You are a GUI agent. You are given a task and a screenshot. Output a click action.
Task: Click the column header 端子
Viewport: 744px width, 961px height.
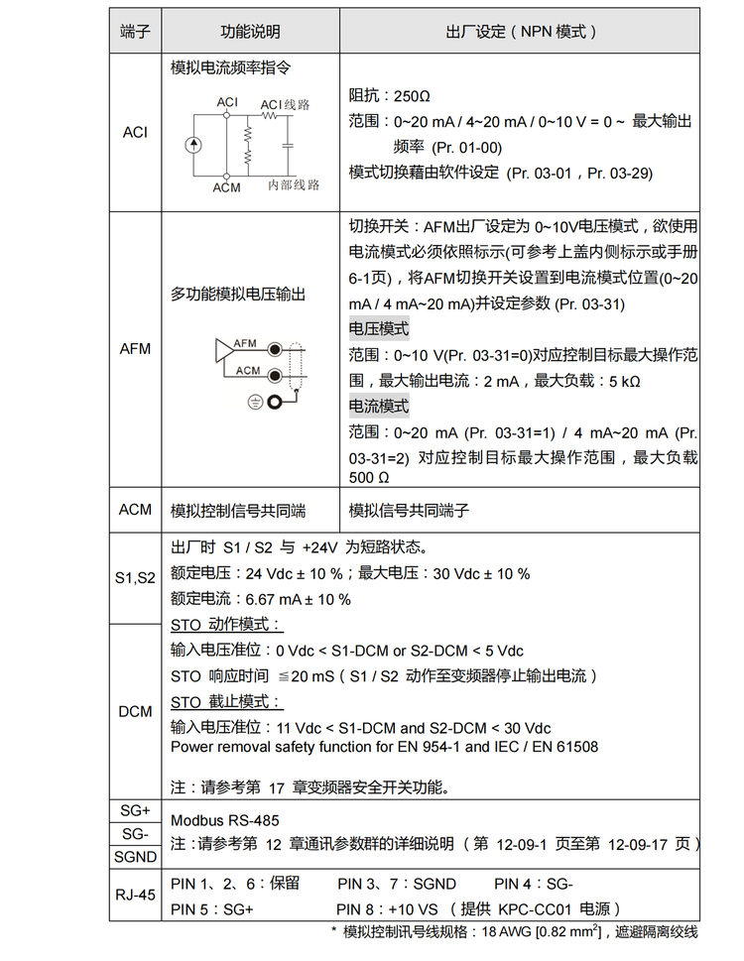coord(135,32)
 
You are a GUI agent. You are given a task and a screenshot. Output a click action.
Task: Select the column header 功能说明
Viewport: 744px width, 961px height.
coord(250,32)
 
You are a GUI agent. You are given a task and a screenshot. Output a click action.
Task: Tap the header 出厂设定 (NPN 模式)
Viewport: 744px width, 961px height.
coord(521,32)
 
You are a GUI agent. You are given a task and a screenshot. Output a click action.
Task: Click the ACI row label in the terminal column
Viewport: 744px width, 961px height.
coord(135,132)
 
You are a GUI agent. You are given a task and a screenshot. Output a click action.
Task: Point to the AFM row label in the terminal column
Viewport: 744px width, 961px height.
coord(135,349)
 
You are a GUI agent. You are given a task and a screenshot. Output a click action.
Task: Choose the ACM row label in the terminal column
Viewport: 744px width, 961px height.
coord(135,510)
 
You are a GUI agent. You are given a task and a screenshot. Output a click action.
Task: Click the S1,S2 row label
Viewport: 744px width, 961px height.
coord(135,577)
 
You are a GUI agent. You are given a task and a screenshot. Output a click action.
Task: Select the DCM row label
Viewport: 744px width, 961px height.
coord(135,711)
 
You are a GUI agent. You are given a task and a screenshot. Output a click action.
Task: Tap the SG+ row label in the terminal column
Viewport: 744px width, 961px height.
coord(135,810)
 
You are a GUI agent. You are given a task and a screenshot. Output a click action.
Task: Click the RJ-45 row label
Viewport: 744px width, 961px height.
coord(135,895)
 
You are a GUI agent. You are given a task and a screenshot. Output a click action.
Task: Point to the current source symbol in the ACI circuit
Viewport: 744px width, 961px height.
coord(192,146)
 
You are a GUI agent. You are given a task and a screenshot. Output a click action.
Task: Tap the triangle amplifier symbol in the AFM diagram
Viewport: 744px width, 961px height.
coord(223,349)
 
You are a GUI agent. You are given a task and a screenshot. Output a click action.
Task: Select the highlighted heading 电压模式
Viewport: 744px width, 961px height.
coord(378,329)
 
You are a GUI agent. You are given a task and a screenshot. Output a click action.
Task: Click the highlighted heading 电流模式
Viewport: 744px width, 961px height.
coord(378,406)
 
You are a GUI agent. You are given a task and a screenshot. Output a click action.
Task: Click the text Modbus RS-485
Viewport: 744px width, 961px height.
coord(224,820)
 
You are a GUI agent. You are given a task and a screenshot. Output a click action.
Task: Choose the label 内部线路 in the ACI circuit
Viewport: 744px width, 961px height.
coord(294,185)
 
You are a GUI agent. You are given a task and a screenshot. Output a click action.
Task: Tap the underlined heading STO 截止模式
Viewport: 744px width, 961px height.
coord(225,701)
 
